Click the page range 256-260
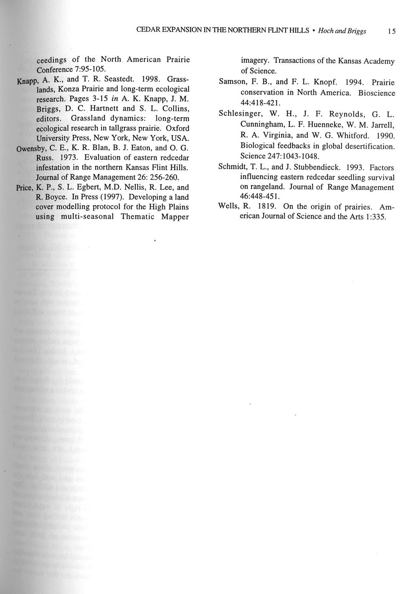point(160,177)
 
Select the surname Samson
point(232,82)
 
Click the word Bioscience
point(377,93)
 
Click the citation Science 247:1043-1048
point(279,156)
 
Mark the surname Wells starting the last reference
point(228,206)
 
